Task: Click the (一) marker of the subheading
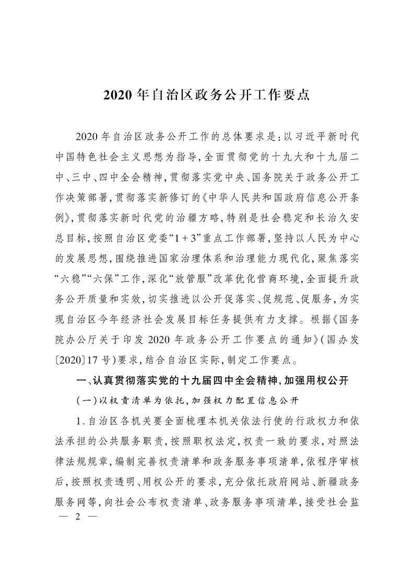tap(86, 400)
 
